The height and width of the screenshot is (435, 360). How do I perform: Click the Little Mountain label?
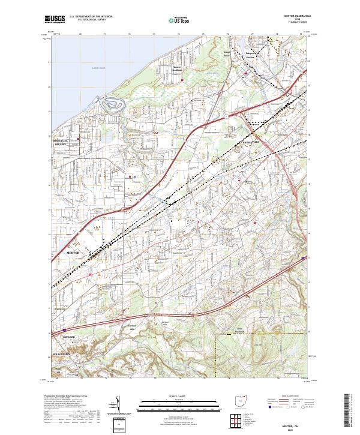257,329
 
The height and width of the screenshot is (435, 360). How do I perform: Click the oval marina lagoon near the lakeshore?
113,105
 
